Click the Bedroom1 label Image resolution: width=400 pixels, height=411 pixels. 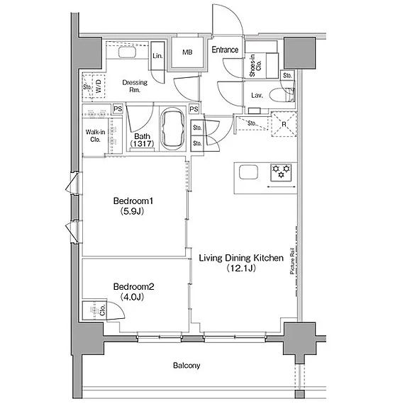click(x=133, y=201)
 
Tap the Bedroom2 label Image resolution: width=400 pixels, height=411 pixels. click(x=133, y=286)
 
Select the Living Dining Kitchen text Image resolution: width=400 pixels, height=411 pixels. click(x=241, y=258)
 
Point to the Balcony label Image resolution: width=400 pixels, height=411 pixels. click(x=187, y=366)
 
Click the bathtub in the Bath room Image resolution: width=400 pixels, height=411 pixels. click(x=172, y=128)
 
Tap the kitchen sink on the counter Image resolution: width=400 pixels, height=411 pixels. click(x=248, y=172)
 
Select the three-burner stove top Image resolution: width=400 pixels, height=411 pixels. click(x=281, y=172)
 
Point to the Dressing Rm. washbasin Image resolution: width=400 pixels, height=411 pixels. click(x=127, y=52)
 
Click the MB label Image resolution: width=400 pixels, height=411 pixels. click(x=187, y=52)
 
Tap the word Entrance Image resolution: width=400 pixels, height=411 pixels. click(x=225, y=50)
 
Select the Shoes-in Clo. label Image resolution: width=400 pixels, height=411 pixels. click(x=255, y=65)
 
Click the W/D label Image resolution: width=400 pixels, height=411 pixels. click(x=99, y=86)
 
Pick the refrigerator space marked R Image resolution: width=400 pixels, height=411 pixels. click(x=284, y=124)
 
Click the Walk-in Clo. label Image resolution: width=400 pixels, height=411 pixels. click(x=95, y=135)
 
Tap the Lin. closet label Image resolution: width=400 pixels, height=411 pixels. click(x=157, y=56)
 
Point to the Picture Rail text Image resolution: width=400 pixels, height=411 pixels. click(x=292, y=261)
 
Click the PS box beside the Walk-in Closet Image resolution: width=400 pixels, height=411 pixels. click(x=118, y=109)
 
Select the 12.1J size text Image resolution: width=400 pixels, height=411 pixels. click(x=241, y=268)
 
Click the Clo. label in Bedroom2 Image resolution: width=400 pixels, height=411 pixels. click(x=102, y=310)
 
